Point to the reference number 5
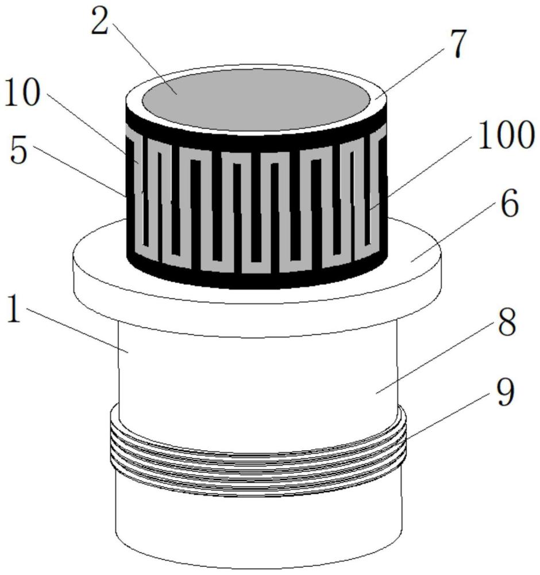[19, 151]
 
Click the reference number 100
[506, 135]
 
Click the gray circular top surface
[255, 99]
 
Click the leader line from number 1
[76, 331]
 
